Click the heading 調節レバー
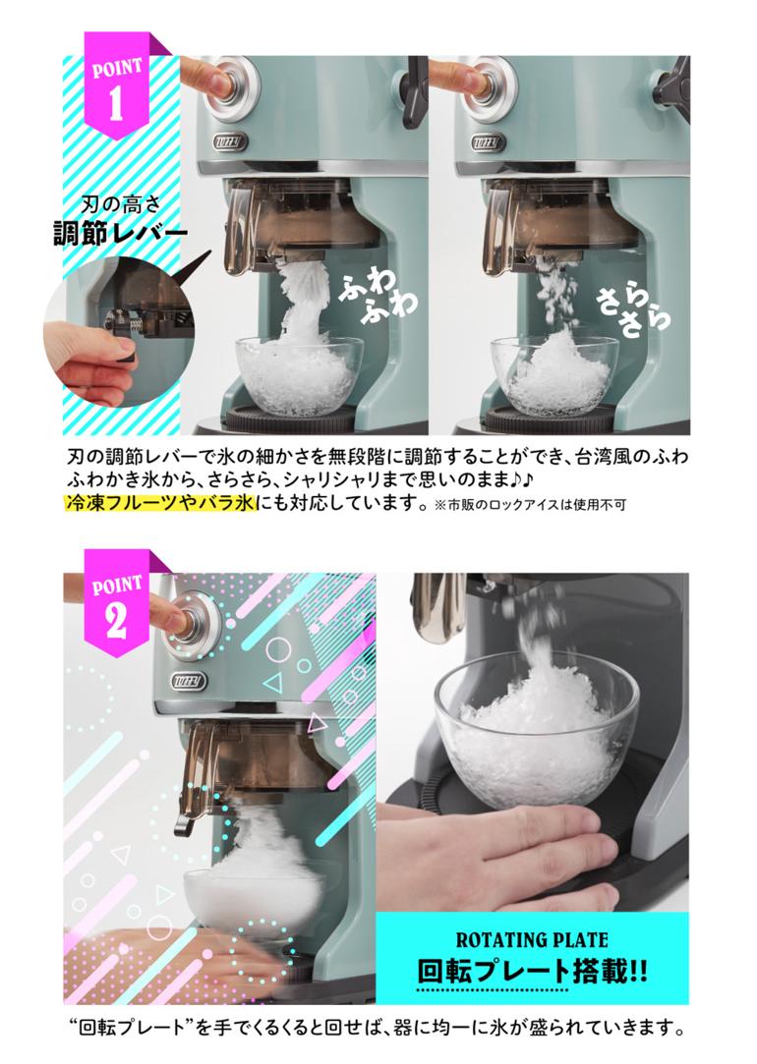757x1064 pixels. tap(121, 234)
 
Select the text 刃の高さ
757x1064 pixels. tap(121, 203)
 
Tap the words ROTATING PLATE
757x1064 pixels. tap(532, 940)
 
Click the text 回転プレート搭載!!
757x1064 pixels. tap(532, 971)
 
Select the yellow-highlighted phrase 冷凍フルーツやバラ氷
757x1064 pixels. tap(160, 503)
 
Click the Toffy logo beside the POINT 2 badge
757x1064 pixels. tap(190, 681)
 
